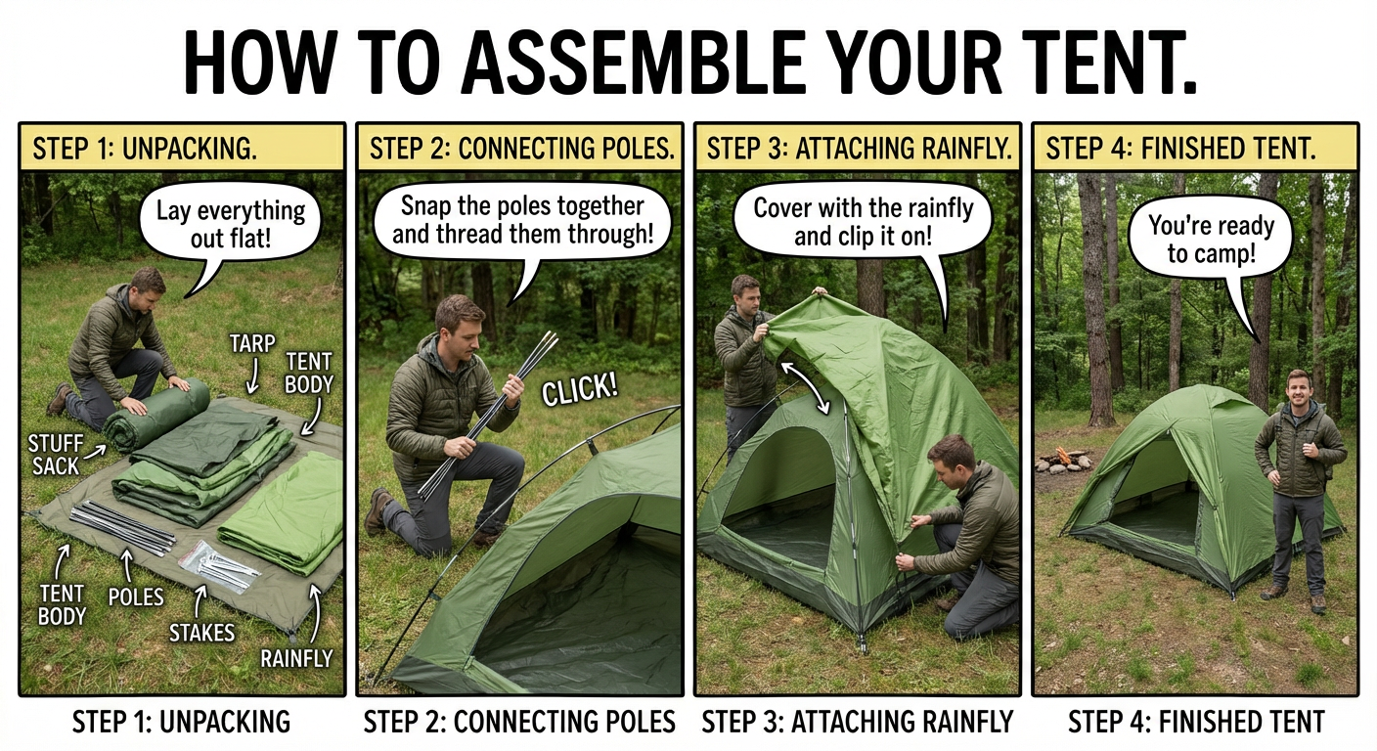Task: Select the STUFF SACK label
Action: [56, 455]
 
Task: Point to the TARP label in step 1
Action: [252, 344]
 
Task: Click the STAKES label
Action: [201, 633]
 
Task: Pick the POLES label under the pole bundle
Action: [136, 596]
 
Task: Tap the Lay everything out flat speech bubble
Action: [230, 224]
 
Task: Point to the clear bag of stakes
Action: [218, 566]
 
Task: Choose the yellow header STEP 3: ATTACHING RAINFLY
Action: [858, 148]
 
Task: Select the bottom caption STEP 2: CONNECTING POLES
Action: [519, 722]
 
